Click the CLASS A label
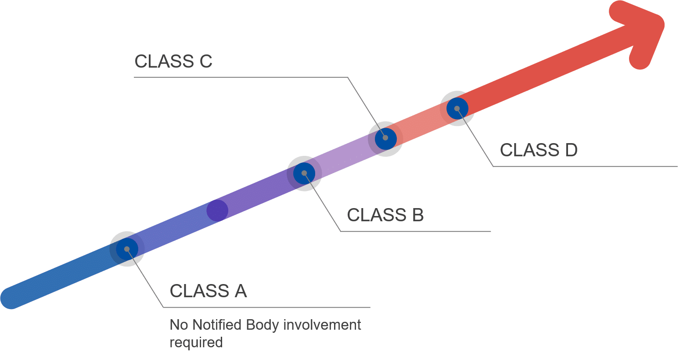pyautogui.click(x=208, y=291)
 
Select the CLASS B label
pyautogui.click(x=385, y=215)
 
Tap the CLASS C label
pyautogui.click(x=173, y=61)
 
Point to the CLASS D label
pyautogui.click(x=538, y=150)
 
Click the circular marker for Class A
pyautogui.click(x=127, y=249)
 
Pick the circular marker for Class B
pyautogui.click(x=304, y=173)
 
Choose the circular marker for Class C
pyautogui.click(x=385, y=138)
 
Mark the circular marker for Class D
pyautogui.click(x=457, y=108)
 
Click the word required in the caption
pyautogui.click(x=196, y=342)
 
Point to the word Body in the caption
pyautogui.click(x=262, y=325)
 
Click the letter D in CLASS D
pyautogui.click(x=571, y=150)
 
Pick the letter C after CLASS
pyautogui.click(x=206, y=61)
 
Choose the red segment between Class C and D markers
pyautogui.click(x=421, y=123)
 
